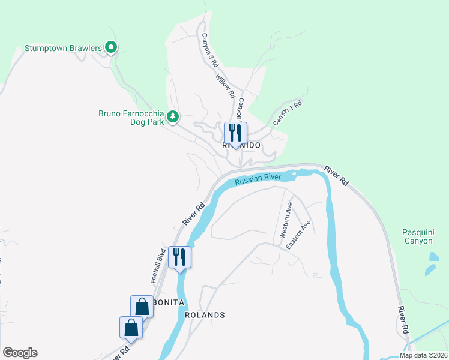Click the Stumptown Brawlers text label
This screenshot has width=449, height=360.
click(62, 47)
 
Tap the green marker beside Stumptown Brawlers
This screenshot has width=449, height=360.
click(110, 46)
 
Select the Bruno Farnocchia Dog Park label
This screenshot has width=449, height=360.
click(130, 117)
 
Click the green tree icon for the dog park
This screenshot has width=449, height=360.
click(173, 116)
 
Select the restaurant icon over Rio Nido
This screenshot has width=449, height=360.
click(233, 133)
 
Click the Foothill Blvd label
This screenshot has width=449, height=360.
click(158, 265)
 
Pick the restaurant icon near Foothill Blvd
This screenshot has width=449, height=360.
click(179, 257)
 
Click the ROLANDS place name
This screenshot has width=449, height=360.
click(205, 315)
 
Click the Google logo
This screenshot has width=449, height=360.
click(20, 353)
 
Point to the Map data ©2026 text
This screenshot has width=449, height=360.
click(423, 355)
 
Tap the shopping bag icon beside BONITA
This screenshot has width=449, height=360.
click(142, 306)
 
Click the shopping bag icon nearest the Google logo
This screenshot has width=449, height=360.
click(130, 328)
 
